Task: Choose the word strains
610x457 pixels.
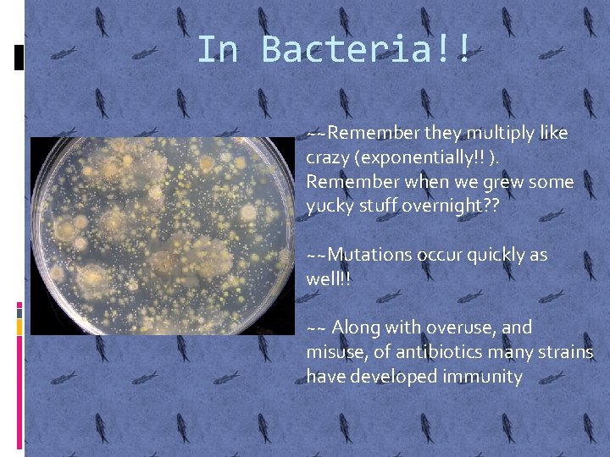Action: [565, 351]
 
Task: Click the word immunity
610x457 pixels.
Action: [482, 376]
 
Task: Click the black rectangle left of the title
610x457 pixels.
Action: [19, 57]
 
